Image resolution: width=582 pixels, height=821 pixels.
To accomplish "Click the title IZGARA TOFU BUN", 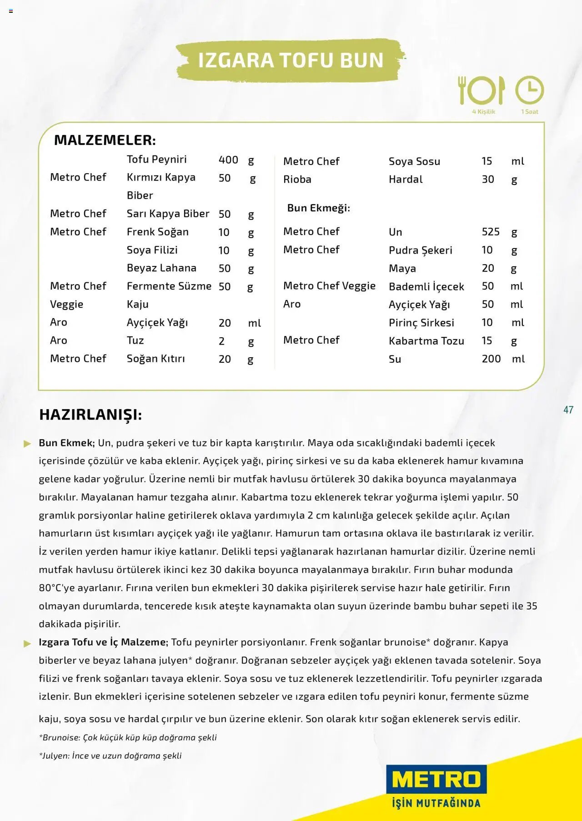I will point(291,60).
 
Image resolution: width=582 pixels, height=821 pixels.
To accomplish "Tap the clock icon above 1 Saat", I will point(529,90).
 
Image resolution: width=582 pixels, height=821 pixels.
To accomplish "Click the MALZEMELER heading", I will point(105,140).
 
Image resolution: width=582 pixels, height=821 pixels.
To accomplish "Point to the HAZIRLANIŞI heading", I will point(90,415).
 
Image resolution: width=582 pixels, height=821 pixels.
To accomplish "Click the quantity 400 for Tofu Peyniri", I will point(228,160).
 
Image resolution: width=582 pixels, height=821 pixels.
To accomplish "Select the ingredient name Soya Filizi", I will point(152,250).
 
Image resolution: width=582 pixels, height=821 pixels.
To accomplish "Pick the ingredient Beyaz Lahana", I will point(161,268).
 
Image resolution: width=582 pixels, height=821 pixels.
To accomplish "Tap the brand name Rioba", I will point(297,180).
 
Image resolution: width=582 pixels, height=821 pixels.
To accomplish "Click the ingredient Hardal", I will point(406,180).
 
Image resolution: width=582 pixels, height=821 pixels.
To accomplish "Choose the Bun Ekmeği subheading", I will point(318,208).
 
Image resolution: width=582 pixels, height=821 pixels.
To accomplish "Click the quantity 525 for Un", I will point(491,232).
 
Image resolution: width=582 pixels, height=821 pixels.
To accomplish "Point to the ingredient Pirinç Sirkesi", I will point(421,323).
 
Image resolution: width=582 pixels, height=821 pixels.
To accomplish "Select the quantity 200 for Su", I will point(491,359).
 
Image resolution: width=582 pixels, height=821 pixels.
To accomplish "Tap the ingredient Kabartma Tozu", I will point(426,341).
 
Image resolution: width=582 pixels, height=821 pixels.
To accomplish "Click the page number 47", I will point(568,410).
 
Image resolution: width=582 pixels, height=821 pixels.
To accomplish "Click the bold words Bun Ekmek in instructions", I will point(66,443).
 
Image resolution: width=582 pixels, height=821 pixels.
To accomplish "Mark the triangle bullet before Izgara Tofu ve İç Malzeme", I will point(28,643).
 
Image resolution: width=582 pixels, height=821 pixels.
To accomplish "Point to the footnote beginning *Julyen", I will point(110,756).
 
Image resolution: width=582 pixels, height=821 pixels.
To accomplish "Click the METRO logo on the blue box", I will point(436,780).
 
